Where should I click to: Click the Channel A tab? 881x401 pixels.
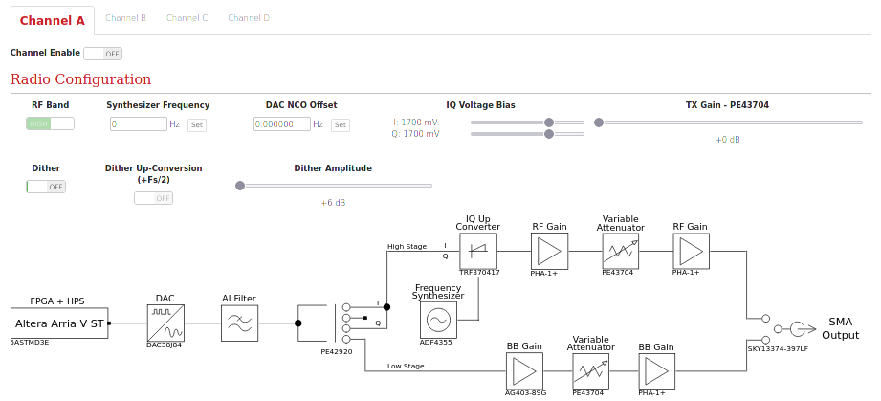[52, 20]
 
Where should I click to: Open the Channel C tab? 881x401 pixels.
[187, 18]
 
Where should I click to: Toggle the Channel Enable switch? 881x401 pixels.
[102, 54]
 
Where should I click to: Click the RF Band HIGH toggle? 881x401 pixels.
[50, 123]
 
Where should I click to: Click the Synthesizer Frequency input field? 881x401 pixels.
[138, 124]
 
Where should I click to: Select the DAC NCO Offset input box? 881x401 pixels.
[281, 124]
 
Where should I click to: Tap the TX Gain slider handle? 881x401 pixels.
[599, 123]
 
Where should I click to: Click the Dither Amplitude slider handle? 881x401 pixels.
[240, 186]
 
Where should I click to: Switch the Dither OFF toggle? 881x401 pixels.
[46, 187]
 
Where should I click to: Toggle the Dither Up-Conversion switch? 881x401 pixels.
[153, 198]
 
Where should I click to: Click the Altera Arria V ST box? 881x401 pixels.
[59, 323]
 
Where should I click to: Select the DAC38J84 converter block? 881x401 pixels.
[165, 323]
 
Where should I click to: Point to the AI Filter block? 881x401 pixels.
[239, 323]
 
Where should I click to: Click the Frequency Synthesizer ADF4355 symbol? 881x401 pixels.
[438, 319]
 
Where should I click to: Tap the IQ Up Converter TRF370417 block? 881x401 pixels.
[478, 251]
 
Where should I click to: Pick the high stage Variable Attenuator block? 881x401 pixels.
[620, 251]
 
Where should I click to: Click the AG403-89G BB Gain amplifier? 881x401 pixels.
[523, 371]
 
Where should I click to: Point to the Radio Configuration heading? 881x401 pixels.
[80, 79]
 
